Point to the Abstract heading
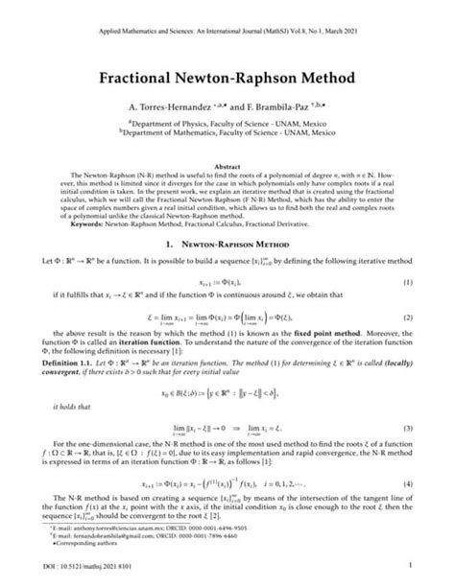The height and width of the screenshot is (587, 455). pos(227,165)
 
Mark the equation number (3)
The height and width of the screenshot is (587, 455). pos(408,426)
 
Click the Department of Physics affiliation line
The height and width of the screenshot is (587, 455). pos(227,137)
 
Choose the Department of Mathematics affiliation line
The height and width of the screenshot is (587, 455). pos(227,147)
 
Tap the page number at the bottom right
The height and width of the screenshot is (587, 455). pos(410,567)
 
